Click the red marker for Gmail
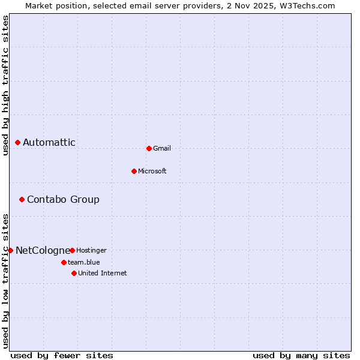click(149, 148)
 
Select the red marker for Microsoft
click(134, 171)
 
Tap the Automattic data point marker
click(17, 142)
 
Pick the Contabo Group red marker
click(22, 199)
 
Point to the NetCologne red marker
click(10, 250)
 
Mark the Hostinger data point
click(72, 250)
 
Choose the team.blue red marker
click(64, 262)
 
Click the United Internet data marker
click(74, 273)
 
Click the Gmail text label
click(162, 148)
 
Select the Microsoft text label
click(152, 171)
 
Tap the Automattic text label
click(49, 142)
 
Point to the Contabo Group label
click(63, 199)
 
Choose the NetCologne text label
click(43, 250)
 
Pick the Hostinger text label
click(91, 250)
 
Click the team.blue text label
click(83, 262)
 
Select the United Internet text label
click(103, 273)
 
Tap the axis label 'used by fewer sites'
click(62, 355)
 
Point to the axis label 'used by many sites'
click(301, 355)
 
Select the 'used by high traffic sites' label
click(5, 85)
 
